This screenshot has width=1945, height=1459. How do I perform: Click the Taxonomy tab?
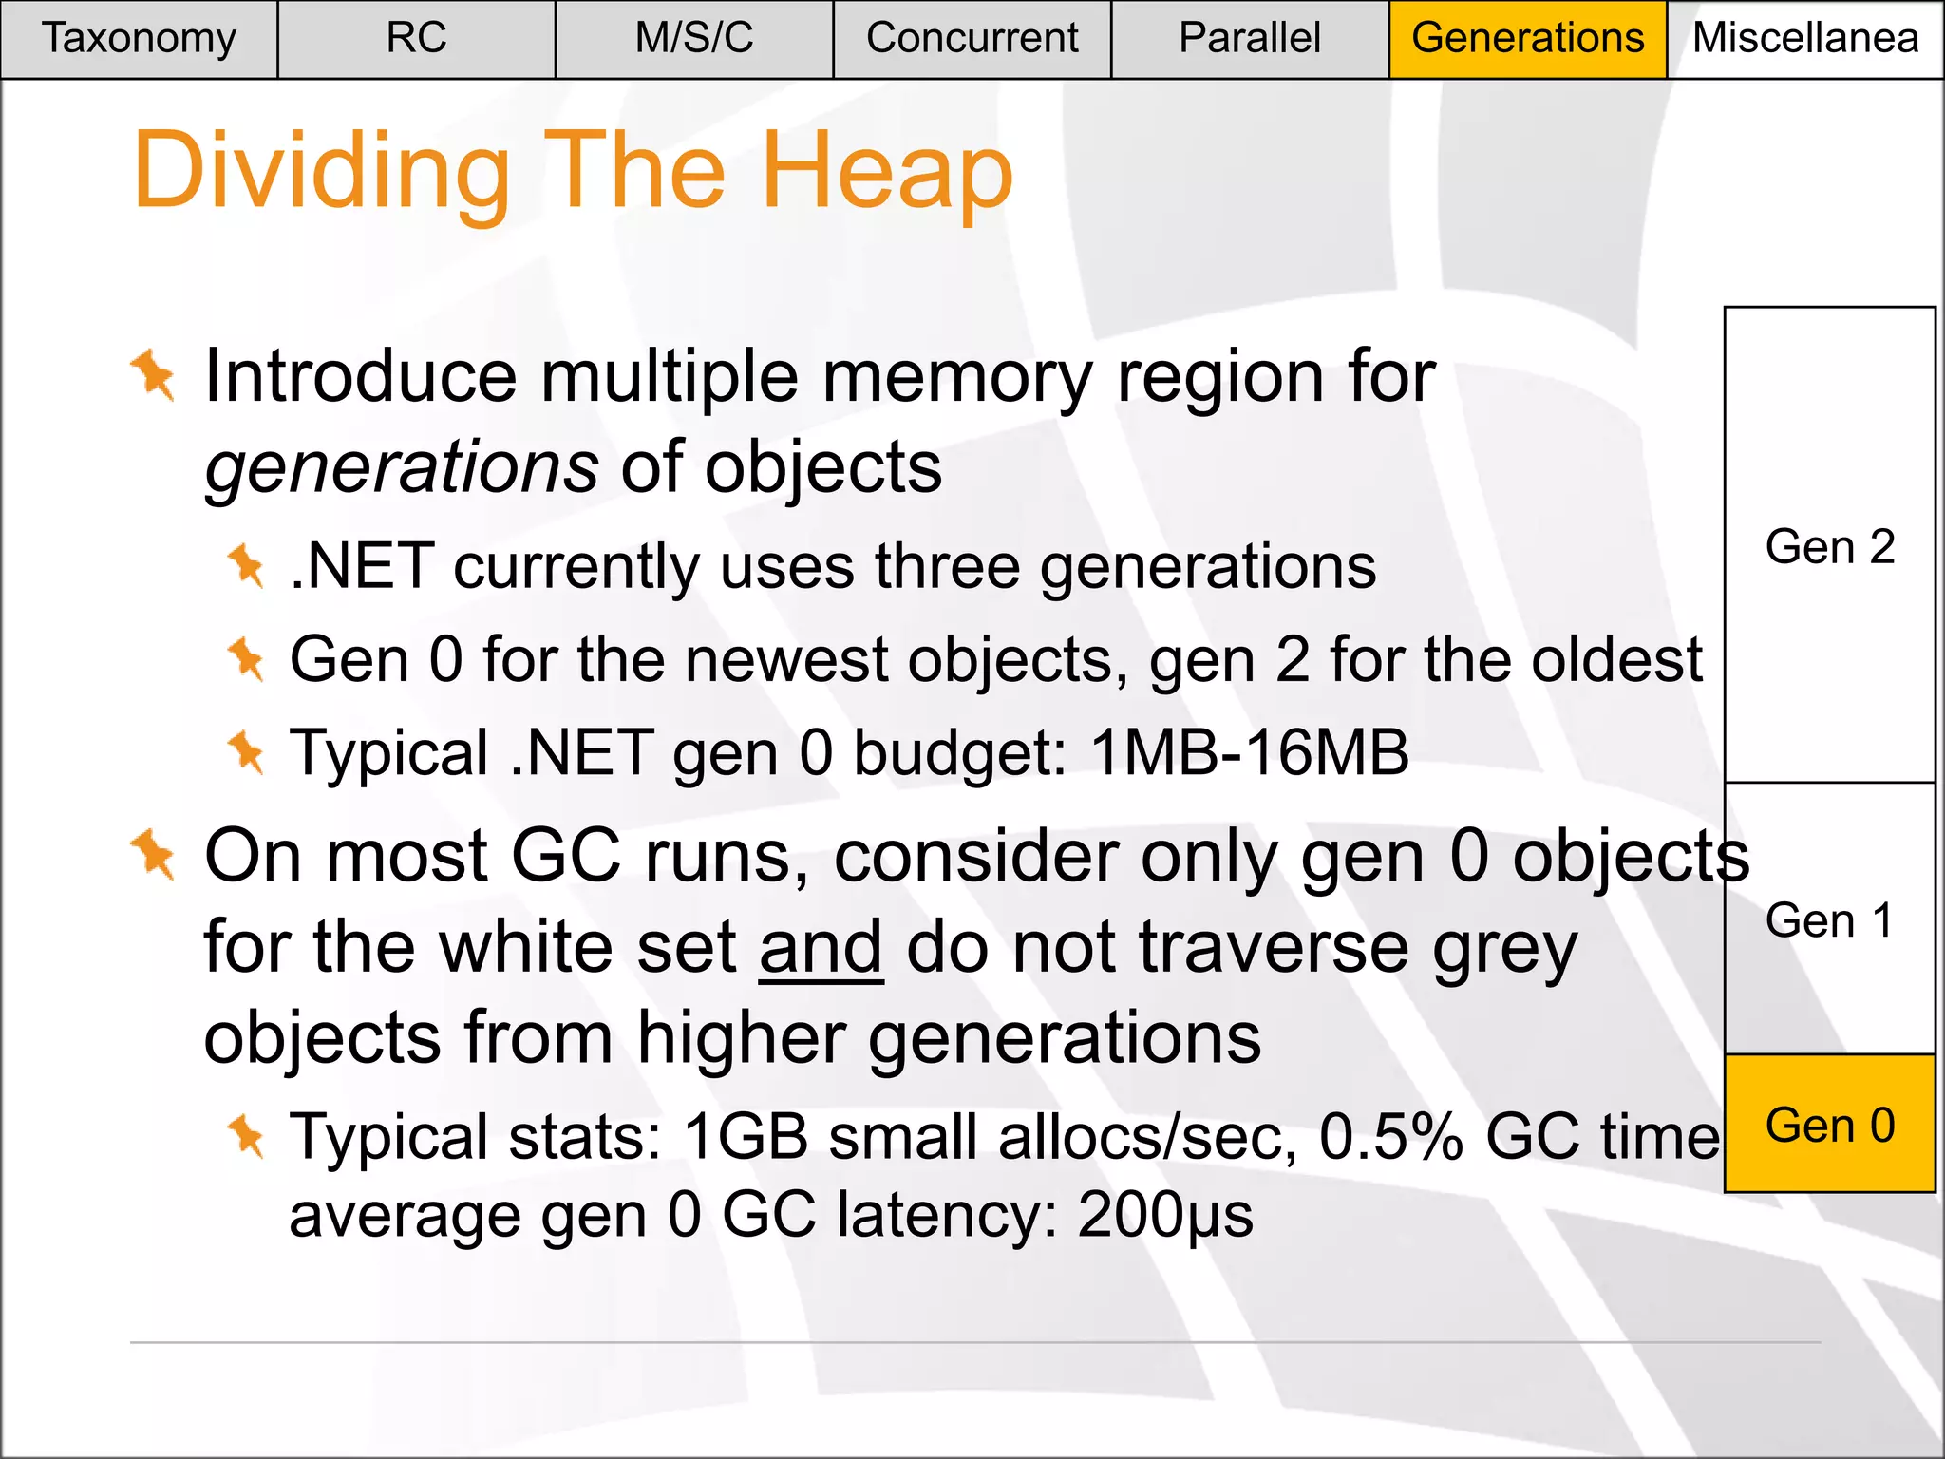[x=139, y=39]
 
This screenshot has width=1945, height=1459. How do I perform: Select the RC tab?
[x=416, y=39]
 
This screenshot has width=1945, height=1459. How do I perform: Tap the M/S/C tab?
[x=694, y=39]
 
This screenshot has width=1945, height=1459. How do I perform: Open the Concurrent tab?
[x=972, y=39]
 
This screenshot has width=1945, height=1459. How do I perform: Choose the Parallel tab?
[x=1249, y=39]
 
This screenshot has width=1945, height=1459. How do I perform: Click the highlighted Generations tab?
[x=1527, y=39]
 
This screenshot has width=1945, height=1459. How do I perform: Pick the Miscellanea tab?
[x=1804, y=39]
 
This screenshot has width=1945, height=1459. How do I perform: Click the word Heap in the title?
[x=887, y=172]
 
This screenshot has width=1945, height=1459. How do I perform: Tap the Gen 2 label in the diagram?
[x=1830, y=547]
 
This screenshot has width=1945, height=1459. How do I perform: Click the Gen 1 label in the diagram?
[x=1830, y=920]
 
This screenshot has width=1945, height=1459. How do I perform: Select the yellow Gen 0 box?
[x=1830, y=1125]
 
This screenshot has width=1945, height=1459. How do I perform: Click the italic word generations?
[x=402, y=467]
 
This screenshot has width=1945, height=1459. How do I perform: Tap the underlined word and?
[x=821, y=947]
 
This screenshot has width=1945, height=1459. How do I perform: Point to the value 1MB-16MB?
[x=1250, y=753]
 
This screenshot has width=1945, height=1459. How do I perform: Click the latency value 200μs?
[x=1165, y=1215]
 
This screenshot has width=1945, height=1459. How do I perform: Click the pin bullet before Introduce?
[x=153, y=375]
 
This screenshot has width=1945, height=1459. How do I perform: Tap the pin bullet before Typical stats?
[x=247, y=1136]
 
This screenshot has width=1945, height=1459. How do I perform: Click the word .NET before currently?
[x=362, y=567]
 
